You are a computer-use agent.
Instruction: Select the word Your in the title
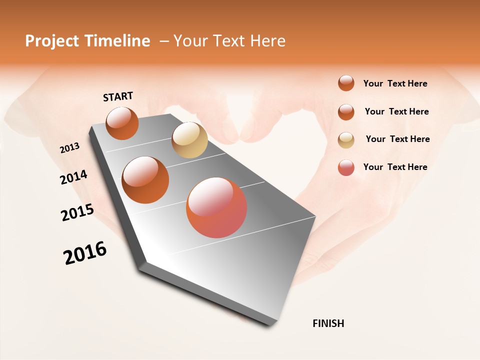pyautogui.click(x=191, y=41)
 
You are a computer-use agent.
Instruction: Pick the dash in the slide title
pyautogui.click(x=163, y=41)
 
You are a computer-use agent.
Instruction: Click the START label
pyautogui.click(x=118, y=96)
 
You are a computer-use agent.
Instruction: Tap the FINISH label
pyautogui.click(x=328, y=323)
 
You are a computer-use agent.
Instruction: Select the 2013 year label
pyautogui.click(x=69, y=148)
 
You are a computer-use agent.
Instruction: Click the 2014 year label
pyautogui.click(x=73, y=177)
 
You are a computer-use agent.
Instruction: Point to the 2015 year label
pyautogui.click(x=77, y=212)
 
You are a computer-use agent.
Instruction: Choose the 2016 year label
pyautogui.click(x=85, y=253)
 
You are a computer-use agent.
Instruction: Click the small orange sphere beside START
pyautogui.click(x=122, y=123)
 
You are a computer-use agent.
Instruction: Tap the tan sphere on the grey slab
pyautogui.click(x=189, y=140)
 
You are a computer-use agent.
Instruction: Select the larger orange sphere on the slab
pyautogui.click(x=145, y=180)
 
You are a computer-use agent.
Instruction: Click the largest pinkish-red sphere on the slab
pyautogui.click(x=216, y=207)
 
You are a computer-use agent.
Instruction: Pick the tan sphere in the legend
pyautogui.click(x=346, y=140)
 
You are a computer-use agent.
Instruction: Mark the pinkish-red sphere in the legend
pyautogui.click(x=346, y=167)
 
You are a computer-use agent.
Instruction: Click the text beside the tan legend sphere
pyautogui.click(x=397, y=139)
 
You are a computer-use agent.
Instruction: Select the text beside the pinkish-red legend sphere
pyautogui.click(x=395, y=167)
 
